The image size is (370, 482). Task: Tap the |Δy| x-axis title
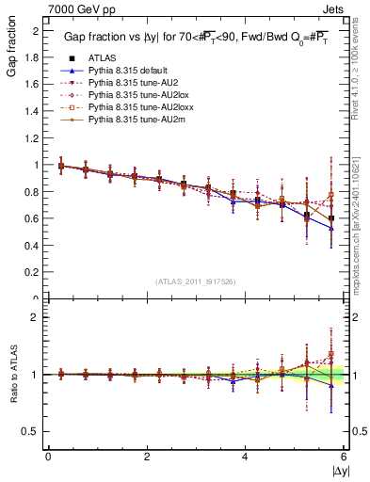pyautogui.click(x=338, y=471)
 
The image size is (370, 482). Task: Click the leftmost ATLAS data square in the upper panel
pyautogui.click(x=61, y=166)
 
